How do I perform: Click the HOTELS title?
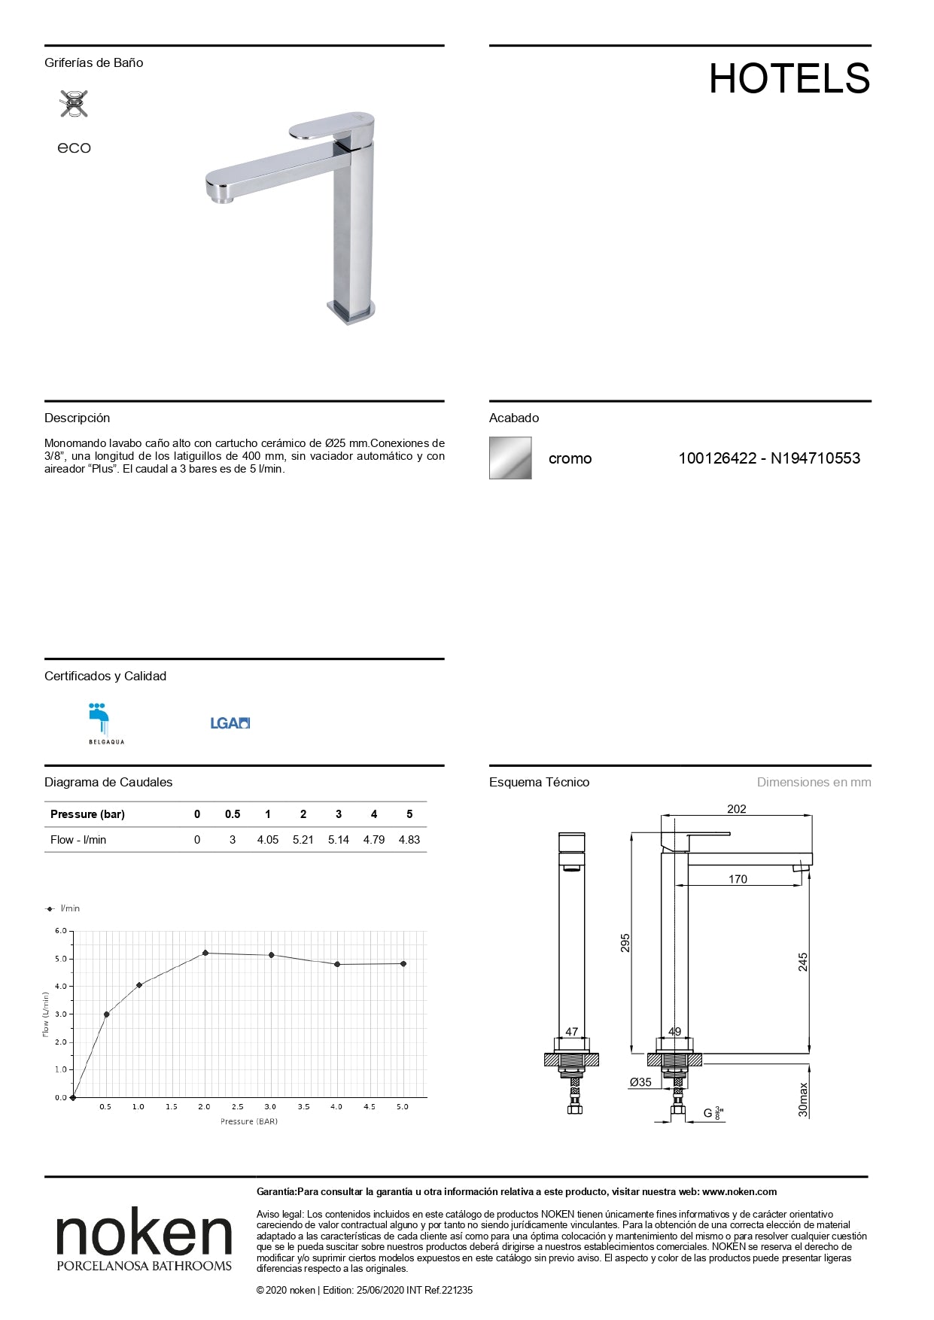[x=789, y=78]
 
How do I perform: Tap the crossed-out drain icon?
[x=74, y=103]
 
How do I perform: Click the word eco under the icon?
[x=74, y=148]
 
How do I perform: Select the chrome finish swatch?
[x=510, y=458]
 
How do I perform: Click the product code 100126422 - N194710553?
[x=768, y=458]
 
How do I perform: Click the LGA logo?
[x=230, y=723]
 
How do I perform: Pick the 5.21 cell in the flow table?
[x=303, y=840]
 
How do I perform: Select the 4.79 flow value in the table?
[x=374, y=840]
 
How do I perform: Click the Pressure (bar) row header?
[x=87, y=814]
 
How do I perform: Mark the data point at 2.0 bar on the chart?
[x=205, y=953]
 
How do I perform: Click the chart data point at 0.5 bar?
[x=106, y=1014]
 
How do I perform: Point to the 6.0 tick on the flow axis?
[x=61, y=931]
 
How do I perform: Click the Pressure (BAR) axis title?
[x=249, y=1121]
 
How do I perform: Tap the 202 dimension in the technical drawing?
[x=737, y=809]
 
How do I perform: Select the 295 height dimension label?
[x=625, y=943]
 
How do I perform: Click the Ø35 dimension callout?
[x=640, y=1082]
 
